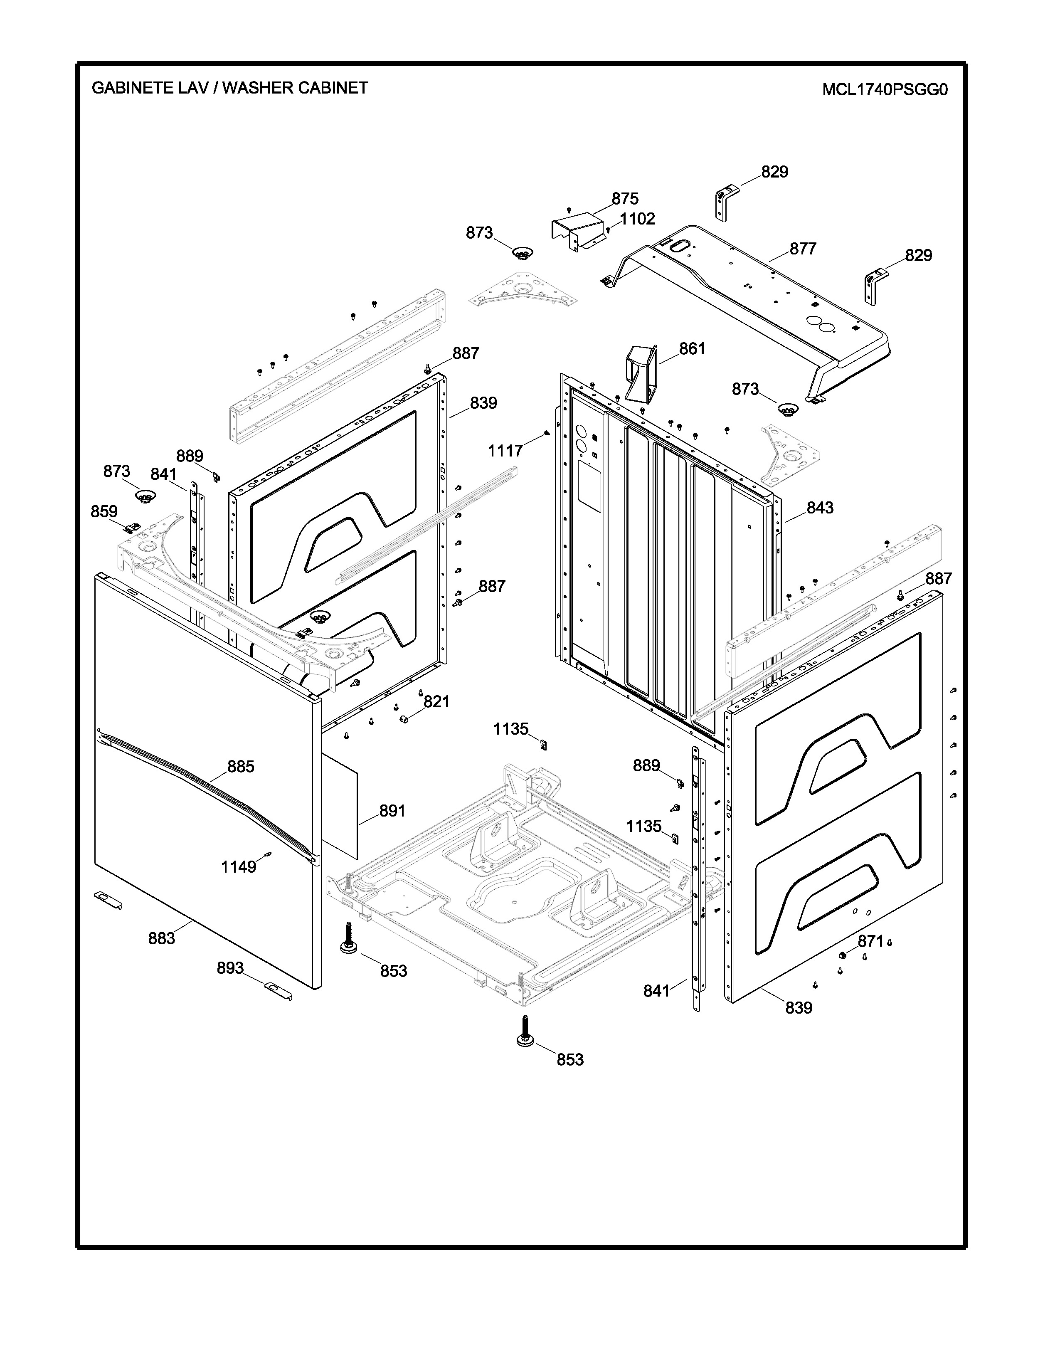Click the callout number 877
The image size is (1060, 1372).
(803, 249)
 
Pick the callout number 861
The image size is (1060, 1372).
(692, 349)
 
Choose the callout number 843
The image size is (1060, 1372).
(820, 508)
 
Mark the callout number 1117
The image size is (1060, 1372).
(505, 450)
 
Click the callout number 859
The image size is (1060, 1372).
(104, 511)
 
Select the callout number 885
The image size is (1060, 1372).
(241, 766)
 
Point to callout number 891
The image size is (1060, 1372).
(392, 811)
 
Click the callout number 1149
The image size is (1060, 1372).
(239, 867)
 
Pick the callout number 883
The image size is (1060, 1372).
(161, 938)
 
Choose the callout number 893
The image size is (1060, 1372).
(230, 968)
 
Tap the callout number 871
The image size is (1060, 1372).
(870, 941)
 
